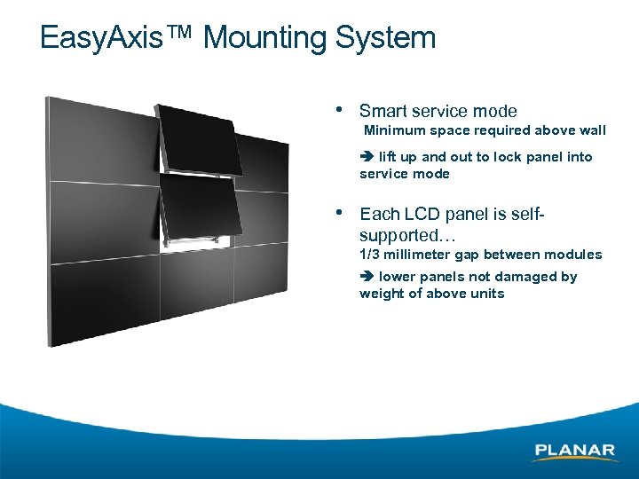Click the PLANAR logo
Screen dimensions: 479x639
coord(575,452)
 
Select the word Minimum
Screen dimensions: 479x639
coord(395,130)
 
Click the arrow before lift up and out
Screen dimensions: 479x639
coord(367,157)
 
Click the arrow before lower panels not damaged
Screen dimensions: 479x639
coord(367,277)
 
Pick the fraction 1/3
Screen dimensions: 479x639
coord(369,255)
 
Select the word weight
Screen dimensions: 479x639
coord(380,294)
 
